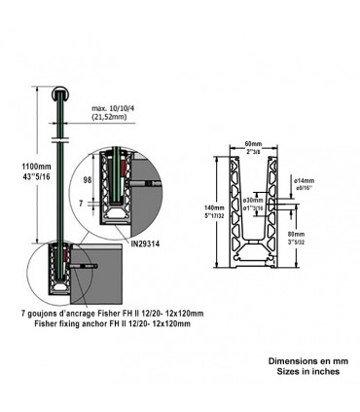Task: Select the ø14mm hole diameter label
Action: [305, 182]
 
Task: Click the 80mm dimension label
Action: [305, 235]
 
